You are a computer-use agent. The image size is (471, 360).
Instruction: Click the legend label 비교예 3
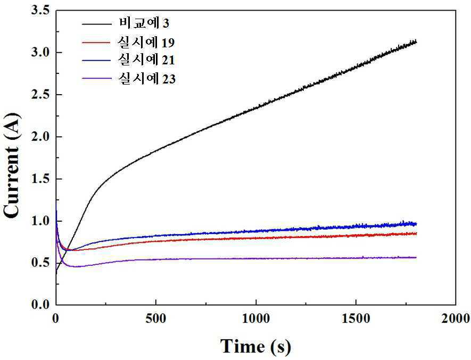click(x=144, y=23)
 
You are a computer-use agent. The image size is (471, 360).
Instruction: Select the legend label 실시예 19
click(x=146, y=43)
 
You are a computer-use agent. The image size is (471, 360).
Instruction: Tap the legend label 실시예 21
click(x=146, y=60)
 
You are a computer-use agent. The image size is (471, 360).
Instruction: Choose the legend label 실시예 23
click(x=146, y=79)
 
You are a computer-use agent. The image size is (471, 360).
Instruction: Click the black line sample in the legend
click(x=97, y=23)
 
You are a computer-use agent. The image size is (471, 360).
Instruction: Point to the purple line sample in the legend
click(x=97, y=79)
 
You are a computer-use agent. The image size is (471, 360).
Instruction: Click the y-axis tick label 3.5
click(x=40, y=11)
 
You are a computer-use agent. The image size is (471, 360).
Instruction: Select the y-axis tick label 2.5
click(x=40, y=95)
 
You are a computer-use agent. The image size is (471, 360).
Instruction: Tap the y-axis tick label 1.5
click(x=40, y=179)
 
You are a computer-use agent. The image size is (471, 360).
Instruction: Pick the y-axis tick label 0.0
click(x=40, y=305)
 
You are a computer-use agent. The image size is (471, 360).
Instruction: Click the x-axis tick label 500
click(x=155, y=319)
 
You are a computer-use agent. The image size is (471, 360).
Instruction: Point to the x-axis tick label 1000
click(x=256, y=319)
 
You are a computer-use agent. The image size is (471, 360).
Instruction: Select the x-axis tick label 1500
click(x=356, y=319)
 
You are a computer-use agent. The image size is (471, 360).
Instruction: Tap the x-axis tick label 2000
click(x=456, y=319)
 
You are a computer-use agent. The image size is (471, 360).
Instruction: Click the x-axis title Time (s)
click(x=255, y=346)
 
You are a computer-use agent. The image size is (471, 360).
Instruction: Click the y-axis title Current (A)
click(x=11, y=165)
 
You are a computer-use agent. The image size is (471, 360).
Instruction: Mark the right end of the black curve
click(x=416, y=41)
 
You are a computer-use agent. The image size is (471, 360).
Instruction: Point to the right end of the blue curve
click(x=416, y=224)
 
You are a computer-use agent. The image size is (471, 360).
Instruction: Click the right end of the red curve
click(x=416, y=233)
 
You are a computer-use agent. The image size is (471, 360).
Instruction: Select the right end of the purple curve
click(x=416, y=257)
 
